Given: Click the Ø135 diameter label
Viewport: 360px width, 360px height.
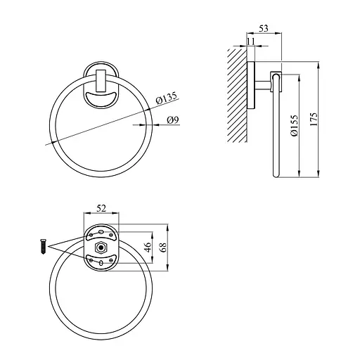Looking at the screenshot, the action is pyautogui.click(x=167, y=98).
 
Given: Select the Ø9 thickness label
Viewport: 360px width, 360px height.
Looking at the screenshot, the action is pyautogui.click(x=173, y=120).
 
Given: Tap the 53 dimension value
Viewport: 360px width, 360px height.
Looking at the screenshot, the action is pyautogui.click(x=264, y=29).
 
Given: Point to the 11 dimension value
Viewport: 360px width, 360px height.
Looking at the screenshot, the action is pyautogui.click(x=250, y=41).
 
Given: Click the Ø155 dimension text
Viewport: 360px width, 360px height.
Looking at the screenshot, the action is pyautogui.click(x=294, y=125).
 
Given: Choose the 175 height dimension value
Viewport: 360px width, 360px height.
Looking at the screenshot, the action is pyautogui.click(x=314, y=120).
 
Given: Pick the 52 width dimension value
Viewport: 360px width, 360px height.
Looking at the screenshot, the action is pyautogui.click(x=101, y=208).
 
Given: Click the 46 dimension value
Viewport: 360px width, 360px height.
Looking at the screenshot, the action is pyautogui.click(x=148, y=247).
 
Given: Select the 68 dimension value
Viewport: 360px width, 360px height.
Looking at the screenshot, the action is pyautogui.click(x=163, y=247).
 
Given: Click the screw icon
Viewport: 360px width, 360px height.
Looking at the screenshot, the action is pyautogui.click(x=44, y=247).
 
